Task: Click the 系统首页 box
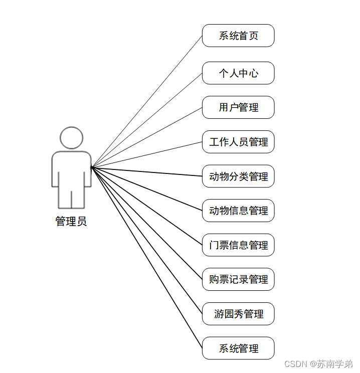pos(238,36)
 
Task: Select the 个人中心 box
pos(238,73)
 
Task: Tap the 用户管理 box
pos(238,107)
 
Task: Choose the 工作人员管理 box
pos(238,142)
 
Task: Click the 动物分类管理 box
pos(238,176)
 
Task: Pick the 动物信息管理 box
pos(238,211)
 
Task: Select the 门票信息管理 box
pos(238,245)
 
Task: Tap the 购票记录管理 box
pos(238,279)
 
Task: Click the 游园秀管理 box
pos(238,314)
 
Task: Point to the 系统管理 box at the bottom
pos(238,348)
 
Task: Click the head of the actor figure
pos(71,137)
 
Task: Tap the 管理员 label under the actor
pos(71,221)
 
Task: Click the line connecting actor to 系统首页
pos(146,101)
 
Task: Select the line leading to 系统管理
pos(146,257)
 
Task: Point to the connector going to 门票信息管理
pos(146,206)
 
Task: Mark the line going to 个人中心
pos(146,120)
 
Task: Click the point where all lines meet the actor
pos(92,166)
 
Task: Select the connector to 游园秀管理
pos(146,240)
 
